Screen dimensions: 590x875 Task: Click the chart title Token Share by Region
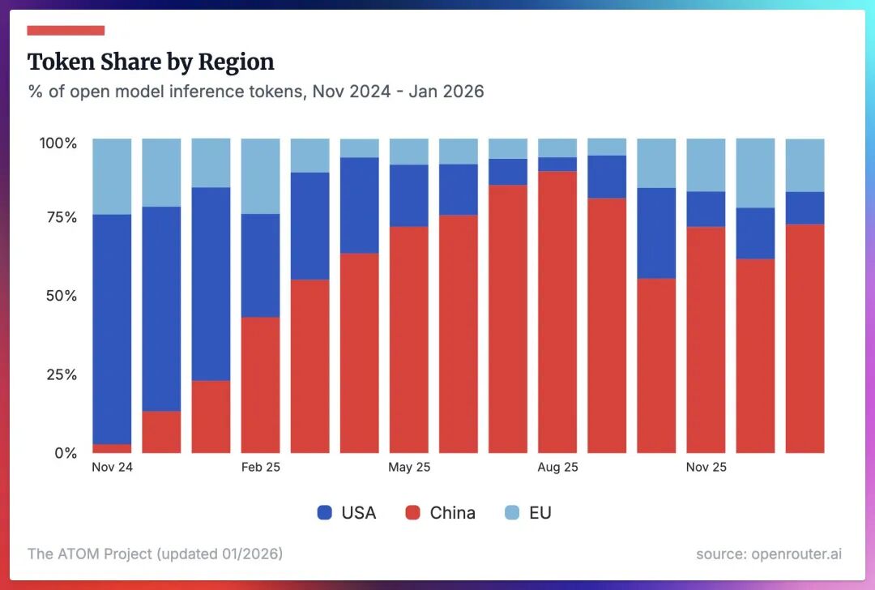tap(151, 62)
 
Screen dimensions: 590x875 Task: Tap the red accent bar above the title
tap(66, 31)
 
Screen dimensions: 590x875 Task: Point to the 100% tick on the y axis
tap(58, 143)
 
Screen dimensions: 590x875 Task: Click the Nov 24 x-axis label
tap(113, 468)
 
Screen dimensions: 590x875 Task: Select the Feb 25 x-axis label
tap(260, 468)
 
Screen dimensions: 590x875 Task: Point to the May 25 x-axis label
tap(409, 468)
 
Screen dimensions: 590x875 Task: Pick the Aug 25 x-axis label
tap(557, 468)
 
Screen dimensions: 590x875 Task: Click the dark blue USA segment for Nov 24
tap(113, 328)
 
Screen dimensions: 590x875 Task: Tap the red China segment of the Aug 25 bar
tap(557, 312)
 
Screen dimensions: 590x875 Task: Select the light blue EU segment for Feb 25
tap(260, 176)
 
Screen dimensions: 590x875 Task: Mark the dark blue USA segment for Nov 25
tap(706, 209)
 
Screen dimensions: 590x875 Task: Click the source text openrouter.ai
tap(769, 554)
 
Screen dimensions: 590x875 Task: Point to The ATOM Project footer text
tap(155, 554)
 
